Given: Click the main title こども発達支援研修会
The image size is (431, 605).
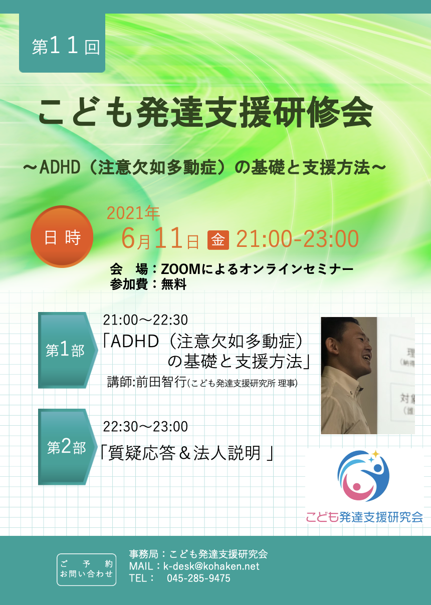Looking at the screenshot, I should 205,112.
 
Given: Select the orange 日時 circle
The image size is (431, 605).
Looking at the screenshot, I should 62,237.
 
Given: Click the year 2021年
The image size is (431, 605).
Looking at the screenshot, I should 133,214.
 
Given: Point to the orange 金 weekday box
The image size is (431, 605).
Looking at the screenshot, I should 218,240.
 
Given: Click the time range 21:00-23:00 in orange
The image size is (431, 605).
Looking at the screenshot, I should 297,239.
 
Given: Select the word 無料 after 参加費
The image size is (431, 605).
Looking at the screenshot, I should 174,284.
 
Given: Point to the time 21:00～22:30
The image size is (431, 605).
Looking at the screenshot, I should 145,320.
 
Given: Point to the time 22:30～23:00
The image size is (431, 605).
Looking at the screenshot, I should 145,427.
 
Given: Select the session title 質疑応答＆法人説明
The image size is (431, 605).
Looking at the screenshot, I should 185,453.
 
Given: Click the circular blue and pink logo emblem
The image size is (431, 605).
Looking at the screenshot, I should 363,476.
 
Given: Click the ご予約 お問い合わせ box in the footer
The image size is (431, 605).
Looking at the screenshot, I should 87,569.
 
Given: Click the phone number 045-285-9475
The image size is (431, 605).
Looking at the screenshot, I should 198,578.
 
